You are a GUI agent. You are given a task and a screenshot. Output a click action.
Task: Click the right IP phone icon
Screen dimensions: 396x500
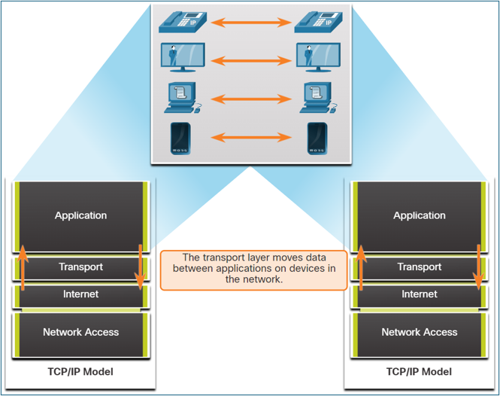[314, 23]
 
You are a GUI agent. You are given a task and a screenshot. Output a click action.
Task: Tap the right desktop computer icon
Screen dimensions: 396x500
[314, 97]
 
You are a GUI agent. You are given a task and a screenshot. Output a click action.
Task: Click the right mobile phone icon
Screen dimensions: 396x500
[315, 137]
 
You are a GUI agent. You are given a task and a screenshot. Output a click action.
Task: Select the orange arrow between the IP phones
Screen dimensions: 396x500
[246, 23]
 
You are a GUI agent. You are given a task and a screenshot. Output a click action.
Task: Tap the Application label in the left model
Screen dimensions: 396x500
[80, 216]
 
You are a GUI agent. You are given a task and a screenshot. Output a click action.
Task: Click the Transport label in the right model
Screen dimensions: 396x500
[419, 267]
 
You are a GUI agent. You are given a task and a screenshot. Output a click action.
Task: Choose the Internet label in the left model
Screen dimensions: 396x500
[80, 294]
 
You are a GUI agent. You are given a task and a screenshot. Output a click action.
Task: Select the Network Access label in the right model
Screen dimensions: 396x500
[419, 332]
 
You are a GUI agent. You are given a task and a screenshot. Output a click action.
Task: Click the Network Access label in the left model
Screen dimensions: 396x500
[80, 332]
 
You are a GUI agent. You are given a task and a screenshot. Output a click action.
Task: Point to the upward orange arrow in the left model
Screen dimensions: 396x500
[23, 267]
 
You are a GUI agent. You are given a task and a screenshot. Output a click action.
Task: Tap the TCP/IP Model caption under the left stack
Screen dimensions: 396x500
[80, 372]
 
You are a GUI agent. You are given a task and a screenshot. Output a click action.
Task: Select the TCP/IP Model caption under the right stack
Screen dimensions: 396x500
[419, 372]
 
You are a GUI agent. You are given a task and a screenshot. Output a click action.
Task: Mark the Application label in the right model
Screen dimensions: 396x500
[419, 216]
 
